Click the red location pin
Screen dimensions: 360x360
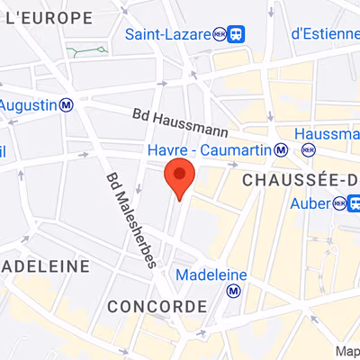point(180,177)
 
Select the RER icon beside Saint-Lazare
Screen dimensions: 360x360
point(219,34)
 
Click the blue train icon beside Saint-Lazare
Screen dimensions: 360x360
point(236,34)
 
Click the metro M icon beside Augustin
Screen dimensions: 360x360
point(67,104)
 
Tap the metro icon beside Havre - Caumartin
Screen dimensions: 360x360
point(282,148)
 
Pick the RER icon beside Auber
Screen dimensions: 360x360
point(339,204)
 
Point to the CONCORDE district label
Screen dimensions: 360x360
point(157,307)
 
